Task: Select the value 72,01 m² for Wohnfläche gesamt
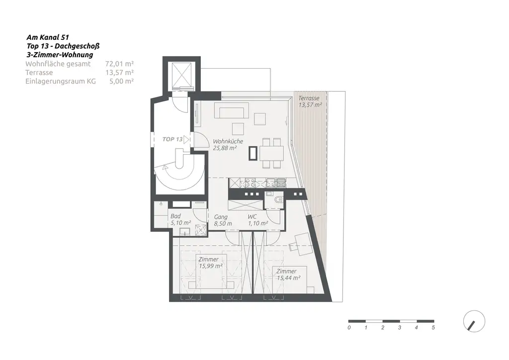119,64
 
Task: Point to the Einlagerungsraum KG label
60,81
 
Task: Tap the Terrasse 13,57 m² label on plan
310,102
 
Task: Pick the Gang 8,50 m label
223,220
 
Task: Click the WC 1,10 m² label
257,220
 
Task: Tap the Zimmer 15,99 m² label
209,263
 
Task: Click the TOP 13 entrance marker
176,139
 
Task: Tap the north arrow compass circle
474,321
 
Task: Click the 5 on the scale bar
433,328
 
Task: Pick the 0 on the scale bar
349,328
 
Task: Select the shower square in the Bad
201,230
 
